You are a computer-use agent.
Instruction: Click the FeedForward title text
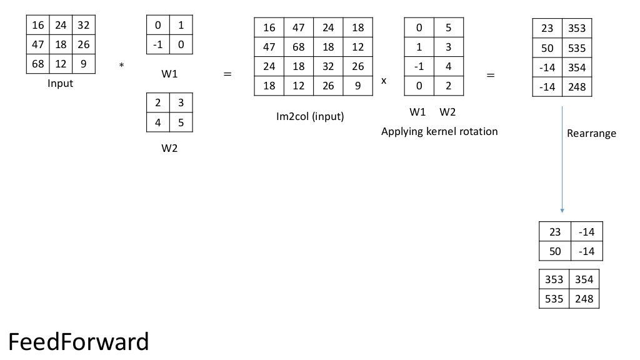click(x=78, y=342)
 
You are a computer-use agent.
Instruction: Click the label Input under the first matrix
click(x=61, y=83)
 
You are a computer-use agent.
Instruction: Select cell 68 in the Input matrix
click(x=37, y=64)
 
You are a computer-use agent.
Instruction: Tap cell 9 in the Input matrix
click(x=83, y=64)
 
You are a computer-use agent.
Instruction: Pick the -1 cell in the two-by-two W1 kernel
click(x=157, y=45)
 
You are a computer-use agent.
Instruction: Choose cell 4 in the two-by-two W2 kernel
click(x=157, y=122)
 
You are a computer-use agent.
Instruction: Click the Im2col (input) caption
click(x=310, y=116)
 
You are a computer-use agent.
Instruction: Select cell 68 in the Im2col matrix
click(x=299, y=47)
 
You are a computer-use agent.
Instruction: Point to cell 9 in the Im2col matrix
click(x=358, y=86)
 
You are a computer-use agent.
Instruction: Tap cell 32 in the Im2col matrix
click(x=328, y=66)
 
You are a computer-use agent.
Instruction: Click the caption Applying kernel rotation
click(x=439, y=131)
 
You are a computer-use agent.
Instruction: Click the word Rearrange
click(x=591, y=133)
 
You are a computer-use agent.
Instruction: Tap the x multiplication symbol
click(x=384, y=81)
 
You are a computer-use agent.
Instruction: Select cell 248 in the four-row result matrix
click(x=576, y=87)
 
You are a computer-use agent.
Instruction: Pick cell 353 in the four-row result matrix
click(x=576, y=29)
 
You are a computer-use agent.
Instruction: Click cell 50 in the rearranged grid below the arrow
click(x=555, y=251)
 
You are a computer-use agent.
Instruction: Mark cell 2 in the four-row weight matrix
click(x=448, y=86)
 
